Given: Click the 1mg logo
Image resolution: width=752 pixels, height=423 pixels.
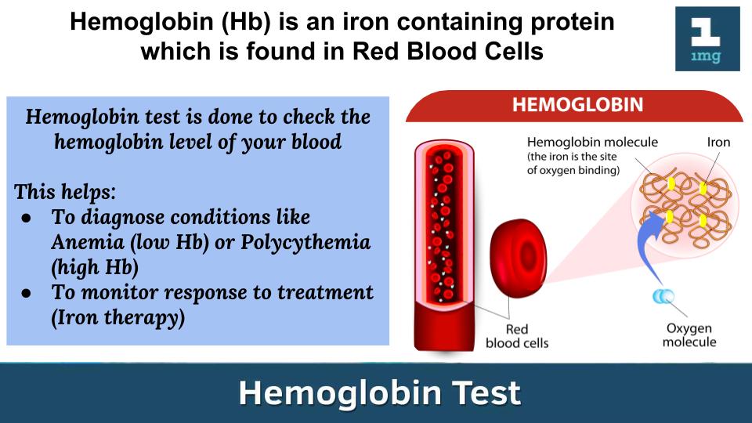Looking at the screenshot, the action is [707, 39].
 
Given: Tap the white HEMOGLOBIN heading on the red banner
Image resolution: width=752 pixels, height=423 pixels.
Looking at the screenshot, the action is [577, 104].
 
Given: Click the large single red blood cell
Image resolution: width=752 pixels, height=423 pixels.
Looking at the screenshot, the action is [518, 258].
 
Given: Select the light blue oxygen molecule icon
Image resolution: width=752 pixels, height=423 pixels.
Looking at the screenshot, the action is [663, 296].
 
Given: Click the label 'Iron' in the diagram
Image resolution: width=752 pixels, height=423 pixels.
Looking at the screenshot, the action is [718, 142].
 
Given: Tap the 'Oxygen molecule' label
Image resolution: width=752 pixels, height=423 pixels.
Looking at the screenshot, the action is [689, 334].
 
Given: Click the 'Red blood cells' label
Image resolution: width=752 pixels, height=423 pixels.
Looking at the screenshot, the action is [517, 336].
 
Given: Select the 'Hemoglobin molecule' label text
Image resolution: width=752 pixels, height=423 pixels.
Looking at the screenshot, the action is [592, 142].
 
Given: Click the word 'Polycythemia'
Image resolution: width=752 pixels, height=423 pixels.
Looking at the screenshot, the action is [305, 243].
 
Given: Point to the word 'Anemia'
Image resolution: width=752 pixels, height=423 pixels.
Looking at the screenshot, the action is [88, 242].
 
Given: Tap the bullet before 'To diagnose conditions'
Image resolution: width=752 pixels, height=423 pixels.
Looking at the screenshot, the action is [27, 219].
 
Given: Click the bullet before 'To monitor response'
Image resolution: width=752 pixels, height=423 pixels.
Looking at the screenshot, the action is [27, 293].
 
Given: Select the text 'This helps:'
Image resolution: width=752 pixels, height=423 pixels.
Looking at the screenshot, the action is [65, 192].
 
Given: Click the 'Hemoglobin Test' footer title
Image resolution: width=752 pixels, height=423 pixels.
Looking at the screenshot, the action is [379, 392].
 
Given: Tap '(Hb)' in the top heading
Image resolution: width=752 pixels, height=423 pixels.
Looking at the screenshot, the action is [246, 22].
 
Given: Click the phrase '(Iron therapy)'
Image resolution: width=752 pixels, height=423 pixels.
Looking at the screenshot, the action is [118, 317].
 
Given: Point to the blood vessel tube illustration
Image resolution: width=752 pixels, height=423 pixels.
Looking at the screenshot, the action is [444, 245].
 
